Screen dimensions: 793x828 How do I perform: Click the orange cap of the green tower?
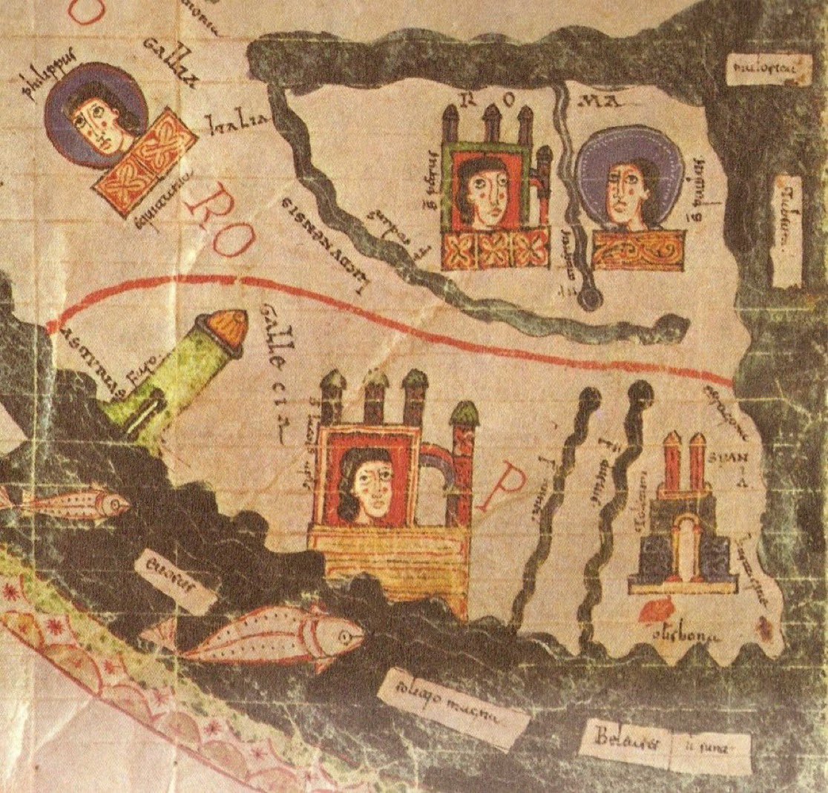[x=229, y=327]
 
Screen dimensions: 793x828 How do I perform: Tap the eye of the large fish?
[x=344, y=635]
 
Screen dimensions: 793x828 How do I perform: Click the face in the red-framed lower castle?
[x=366, y=484]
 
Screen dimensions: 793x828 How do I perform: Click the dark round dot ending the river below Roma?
[x=591, y=298]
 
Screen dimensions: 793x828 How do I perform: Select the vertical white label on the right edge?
[x=786, y=231]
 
